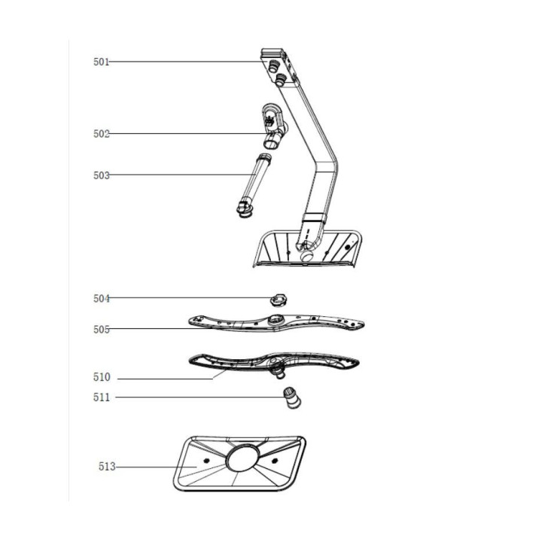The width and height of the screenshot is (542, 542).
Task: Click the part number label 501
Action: [x=101, y=62]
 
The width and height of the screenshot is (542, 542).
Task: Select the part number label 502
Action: [x=102, y=134]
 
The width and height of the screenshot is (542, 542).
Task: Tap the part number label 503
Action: [x=102, y=175]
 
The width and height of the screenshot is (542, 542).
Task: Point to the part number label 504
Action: [x=102, y=298]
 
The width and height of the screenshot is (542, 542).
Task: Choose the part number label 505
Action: [x=102, y=329]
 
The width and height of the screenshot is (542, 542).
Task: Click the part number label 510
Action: [x=102, y=377]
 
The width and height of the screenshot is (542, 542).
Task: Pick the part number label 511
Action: [x=102, y=397]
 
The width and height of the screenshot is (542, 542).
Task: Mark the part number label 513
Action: [x=107, y=466]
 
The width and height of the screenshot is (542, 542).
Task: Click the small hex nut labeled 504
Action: [x=279, y=300]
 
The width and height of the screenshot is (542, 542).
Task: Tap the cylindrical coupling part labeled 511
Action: [x=292, y=398]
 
